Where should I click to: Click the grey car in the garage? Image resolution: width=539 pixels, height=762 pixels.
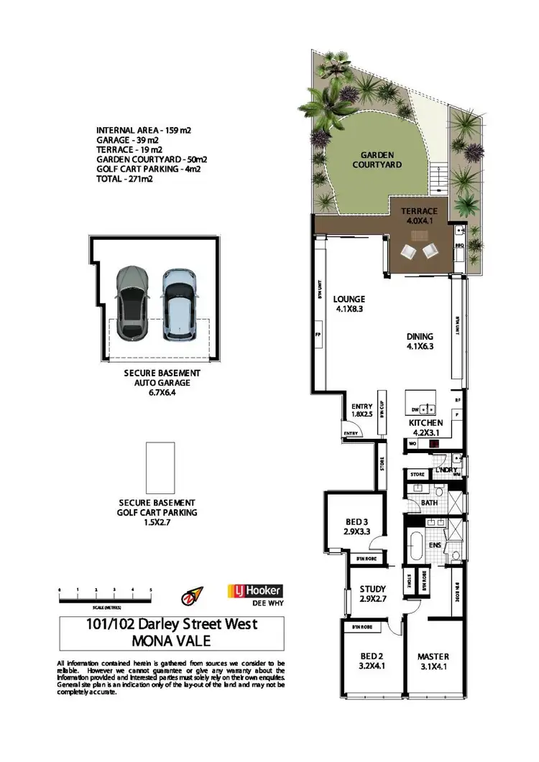[132, 302]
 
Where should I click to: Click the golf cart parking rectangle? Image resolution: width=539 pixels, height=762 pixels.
[160, 468]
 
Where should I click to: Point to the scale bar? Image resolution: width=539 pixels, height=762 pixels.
[106, 593]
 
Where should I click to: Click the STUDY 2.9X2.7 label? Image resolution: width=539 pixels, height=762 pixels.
[372, 594]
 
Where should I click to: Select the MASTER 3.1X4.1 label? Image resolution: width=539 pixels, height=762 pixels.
[433, 661]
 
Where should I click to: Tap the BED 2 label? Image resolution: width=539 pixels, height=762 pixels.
[372, 661]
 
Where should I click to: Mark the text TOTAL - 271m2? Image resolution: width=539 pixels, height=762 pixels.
[124, 180]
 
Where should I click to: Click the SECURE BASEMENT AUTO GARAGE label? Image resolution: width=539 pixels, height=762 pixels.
[162, 384]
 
